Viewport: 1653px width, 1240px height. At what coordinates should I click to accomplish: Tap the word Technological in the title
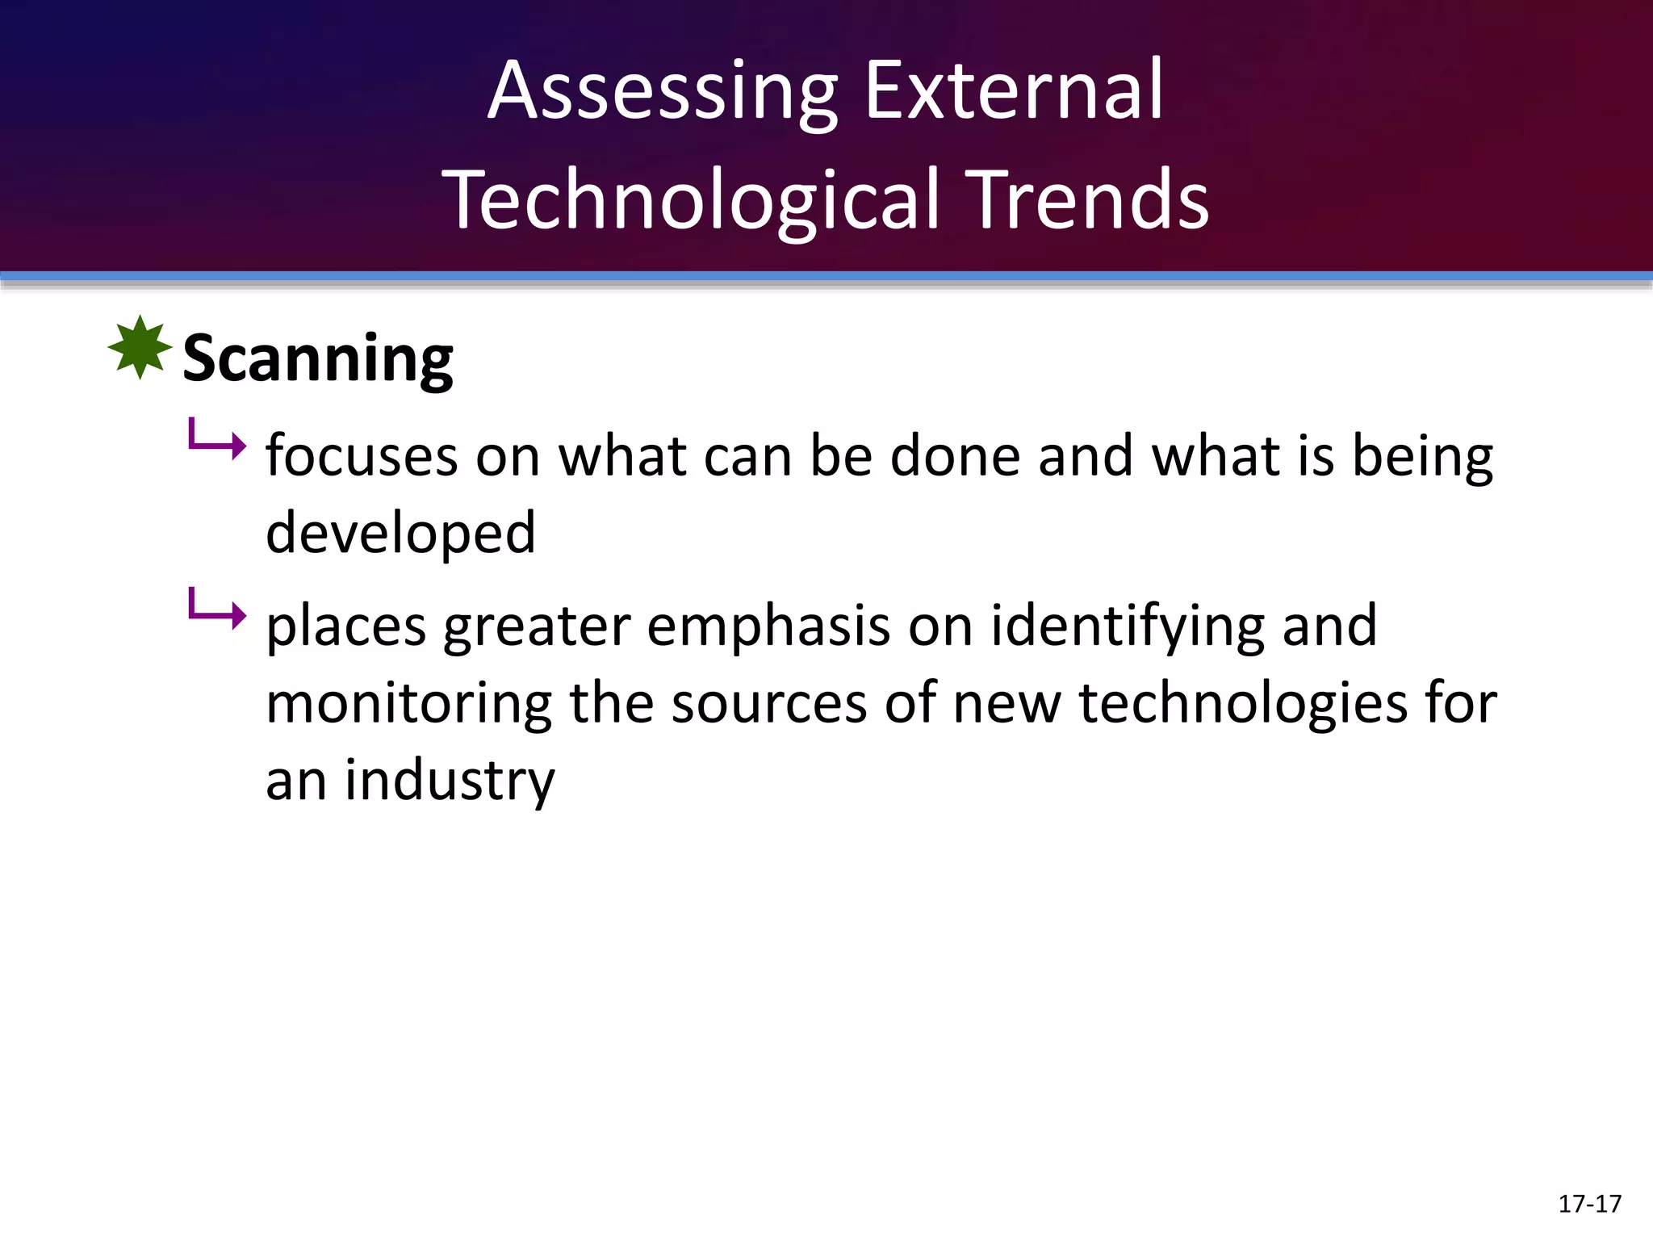(692, 200)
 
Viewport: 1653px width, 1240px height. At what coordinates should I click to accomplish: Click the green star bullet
(140, 348)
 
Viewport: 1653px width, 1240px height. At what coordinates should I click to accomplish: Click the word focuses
(361, 456)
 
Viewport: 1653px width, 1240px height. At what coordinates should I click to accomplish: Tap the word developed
(400, 533)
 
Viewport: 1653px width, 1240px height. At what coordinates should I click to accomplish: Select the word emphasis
(768, 626)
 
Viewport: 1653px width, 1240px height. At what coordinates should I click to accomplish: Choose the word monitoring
(408, 703)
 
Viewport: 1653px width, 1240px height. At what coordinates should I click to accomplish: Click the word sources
(769, 703)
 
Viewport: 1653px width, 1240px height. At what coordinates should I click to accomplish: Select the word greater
(537, 627)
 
